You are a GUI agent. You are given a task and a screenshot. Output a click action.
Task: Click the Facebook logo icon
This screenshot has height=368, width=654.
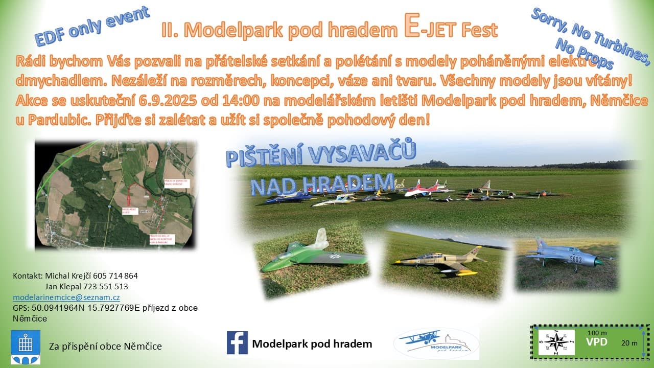point(237,343)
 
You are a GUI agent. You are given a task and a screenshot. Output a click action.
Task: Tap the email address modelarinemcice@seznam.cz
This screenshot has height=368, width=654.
point(66,297)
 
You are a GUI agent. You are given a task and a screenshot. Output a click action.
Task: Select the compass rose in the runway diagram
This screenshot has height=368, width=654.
point(556,342)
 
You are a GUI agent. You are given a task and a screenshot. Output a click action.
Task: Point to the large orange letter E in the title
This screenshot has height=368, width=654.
point(412,29)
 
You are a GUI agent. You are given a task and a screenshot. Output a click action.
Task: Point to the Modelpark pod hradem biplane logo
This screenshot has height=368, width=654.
point(436,343)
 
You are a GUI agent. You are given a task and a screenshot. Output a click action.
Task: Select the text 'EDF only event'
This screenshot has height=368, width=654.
point(92,27)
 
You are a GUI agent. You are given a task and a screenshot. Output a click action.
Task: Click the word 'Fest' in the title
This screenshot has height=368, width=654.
point(479,31)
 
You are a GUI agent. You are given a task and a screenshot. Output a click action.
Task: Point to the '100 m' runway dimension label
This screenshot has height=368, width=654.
point(597,333)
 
